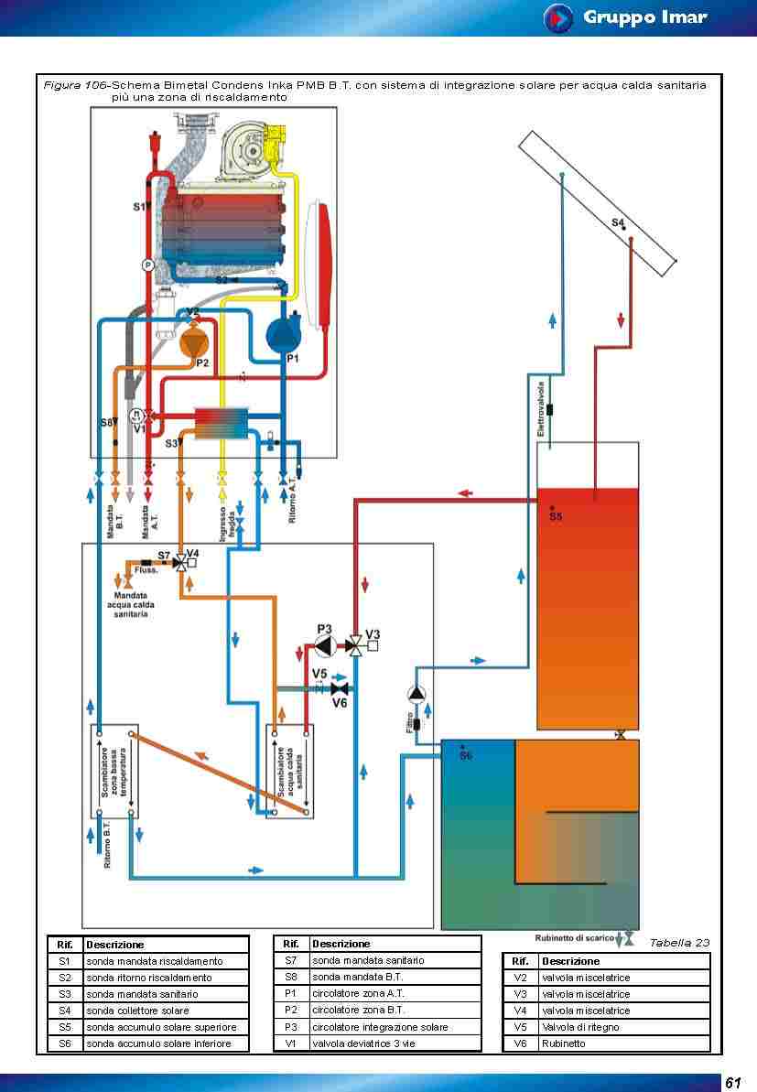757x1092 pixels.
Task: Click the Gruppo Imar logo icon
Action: click(557, 17)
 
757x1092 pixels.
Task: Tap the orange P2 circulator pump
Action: click(194, 342)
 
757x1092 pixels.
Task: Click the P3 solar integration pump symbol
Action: click(324, 646)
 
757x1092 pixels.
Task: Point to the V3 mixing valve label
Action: click(373, 633)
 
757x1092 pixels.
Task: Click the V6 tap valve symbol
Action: click(339, 688)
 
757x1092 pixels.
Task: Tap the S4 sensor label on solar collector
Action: click(618, 222)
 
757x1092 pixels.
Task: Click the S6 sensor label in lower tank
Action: click(465, 756)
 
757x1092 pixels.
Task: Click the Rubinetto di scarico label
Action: click(574, 938)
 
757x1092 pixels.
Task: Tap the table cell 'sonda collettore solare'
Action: click(137, 1011)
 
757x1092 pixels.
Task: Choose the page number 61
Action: click(732, 1083)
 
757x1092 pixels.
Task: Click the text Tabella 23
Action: click(679, 942)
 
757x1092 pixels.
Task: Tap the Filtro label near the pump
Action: click(409, 723)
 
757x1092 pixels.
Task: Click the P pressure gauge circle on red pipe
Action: click(147, 265)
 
